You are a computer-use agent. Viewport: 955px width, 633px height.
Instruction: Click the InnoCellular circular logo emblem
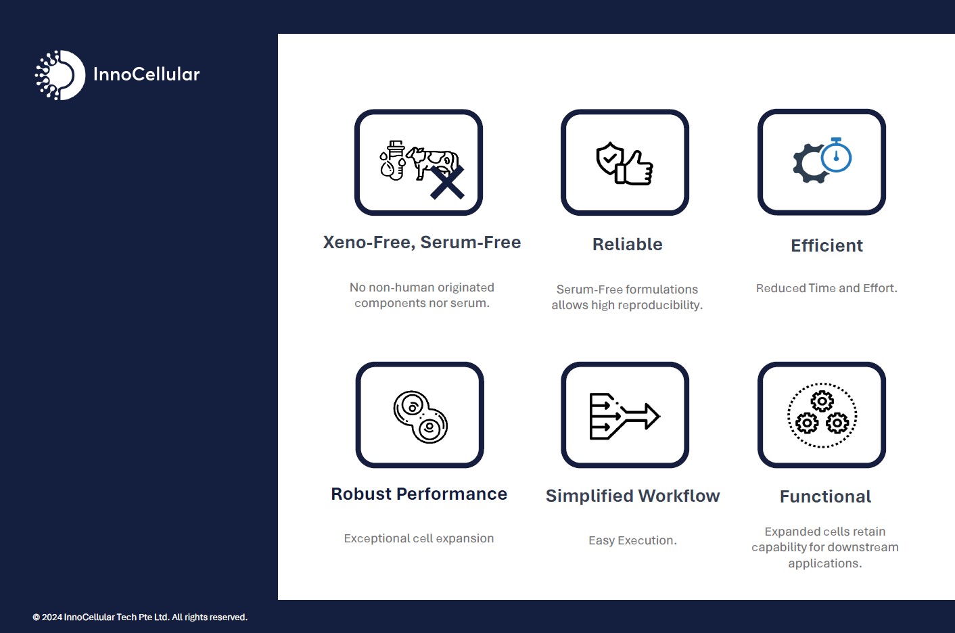click(60, 75)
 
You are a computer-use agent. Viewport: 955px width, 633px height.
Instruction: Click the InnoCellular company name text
click(146, 74)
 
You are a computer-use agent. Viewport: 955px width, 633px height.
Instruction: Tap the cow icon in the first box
click(432, 162)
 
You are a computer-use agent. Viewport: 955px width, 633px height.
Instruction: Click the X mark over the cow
click(447, 183)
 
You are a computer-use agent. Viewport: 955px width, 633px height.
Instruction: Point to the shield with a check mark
click(609, 158)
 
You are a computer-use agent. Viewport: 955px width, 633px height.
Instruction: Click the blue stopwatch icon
click(836, 155)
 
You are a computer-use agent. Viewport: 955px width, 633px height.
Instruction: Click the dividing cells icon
click(420, 417)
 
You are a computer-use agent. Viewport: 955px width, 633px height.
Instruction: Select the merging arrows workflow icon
click(624, 416)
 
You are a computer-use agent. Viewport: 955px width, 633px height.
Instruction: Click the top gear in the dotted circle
click(822, 401)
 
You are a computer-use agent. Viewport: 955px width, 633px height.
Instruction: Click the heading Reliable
click(628, 244)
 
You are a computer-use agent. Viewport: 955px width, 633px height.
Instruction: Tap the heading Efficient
click(826, 245)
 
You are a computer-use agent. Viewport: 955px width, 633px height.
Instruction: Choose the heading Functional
click(825, 496)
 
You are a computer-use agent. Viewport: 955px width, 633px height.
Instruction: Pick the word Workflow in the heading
click(679, 496)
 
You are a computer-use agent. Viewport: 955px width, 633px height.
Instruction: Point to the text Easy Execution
click(632, 540)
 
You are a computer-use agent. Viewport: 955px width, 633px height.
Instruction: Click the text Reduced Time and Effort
click(826, 288)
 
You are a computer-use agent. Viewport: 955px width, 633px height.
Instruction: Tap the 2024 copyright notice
click(140, 617)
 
